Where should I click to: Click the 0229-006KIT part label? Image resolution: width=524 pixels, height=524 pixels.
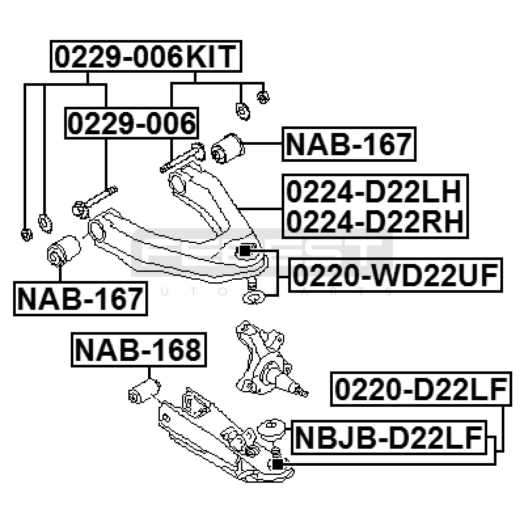[146, 56]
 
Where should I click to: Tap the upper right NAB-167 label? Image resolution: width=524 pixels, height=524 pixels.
[349, 144]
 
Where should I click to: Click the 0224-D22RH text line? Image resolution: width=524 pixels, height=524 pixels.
[375, 221]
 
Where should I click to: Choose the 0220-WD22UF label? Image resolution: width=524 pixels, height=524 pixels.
[395, 275]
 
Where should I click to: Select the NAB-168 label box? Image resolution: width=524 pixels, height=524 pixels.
[139, 350]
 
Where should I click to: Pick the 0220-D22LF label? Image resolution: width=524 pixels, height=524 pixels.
[421, 389]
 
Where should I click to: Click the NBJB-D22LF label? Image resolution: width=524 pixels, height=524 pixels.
[389, 437]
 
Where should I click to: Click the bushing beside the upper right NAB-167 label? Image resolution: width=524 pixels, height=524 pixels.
[228, 148]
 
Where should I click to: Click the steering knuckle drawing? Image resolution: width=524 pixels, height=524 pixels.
[262, 360]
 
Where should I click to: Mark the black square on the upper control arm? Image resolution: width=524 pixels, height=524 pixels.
[244, 251]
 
